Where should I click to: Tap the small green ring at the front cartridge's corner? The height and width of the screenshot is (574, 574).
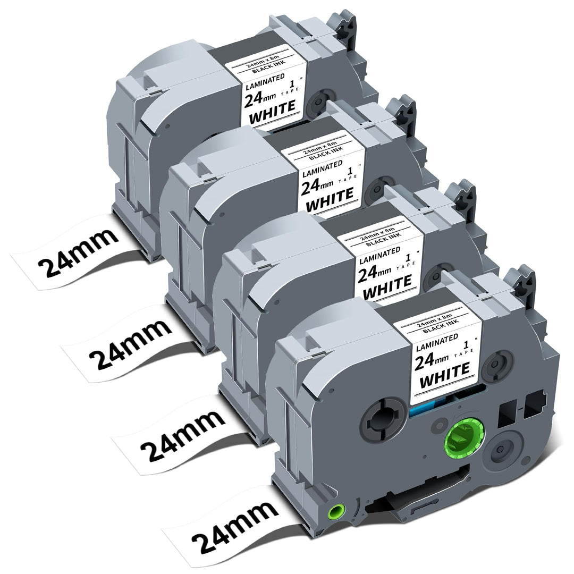click(x=337, y=511)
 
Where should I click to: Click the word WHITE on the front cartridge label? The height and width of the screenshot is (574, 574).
click(x=444, y=375)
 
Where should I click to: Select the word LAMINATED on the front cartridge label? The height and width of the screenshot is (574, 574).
click(x=436, y=341)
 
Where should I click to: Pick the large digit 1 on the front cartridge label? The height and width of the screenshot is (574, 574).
click(x=466, y=345)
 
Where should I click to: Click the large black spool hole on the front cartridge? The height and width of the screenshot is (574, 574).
click(x=384, y=421)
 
